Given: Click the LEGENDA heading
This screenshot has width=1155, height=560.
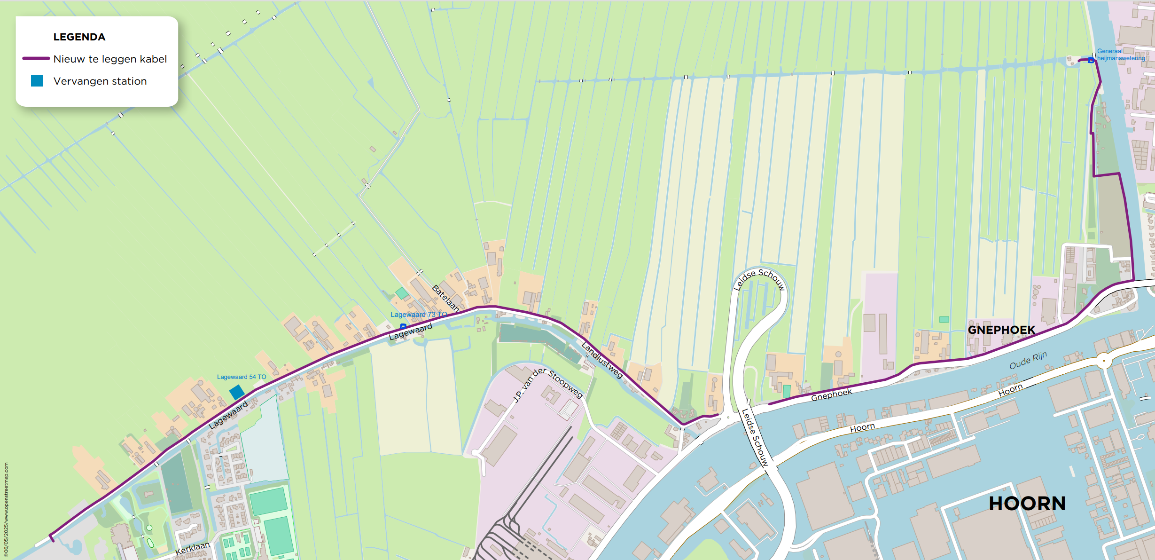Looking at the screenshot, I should click(x=79, y=37).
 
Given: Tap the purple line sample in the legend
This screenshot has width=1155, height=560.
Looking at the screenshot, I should click(x=36, y=59).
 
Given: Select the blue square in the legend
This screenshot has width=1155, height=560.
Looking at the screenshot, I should click(x=37, y=81).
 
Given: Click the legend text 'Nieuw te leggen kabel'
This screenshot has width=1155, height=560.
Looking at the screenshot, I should click(x=110, y=59).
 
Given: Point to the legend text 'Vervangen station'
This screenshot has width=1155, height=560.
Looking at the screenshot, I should click(x=100, y=81).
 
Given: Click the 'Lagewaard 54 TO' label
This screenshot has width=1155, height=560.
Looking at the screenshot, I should click(x=241, y=377).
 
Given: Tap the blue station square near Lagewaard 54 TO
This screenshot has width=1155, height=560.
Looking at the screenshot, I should click(x=237, y=392).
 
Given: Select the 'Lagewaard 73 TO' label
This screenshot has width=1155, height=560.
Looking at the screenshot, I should click(x=419, y=315).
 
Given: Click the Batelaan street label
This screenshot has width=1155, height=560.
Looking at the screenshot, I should click(x=445, y=298).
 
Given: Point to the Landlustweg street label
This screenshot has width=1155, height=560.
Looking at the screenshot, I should click(x=602, y=360).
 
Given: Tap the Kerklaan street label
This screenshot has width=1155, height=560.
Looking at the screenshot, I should click(x=192, y=548).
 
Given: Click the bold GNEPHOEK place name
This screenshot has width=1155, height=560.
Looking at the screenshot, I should click(x=1001, y=330).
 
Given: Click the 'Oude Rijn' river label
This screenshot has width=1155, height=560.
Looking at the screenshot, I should click(x=1028, y=361).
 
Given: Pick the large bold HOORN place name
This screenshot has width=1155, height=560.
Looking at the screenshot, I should click(x=1027, y=504).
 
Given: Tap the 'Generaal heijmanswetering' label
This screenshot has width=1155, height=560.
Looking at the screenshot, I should click(x=1120, y=55).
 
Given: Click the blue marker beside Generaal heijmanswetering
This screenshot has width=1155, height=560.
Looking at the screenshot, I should click(x=1091, y=60).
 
